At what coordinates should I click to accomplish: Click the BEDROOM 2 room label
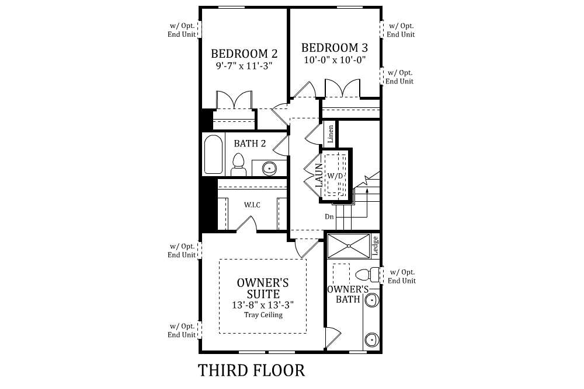[244, 54]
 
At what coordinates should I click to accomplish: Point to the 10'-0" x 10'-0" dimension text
[335, 59]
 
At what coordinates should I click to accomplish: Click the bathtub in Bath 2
[213, 155]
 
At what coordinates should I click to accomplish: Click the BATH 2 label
[250, 143]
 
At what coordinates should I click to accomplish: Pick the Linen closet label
[331, 134]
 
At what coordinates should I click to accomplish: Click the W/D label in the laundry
[335, 176]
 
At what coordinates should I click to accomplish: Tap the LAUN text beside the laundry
[319, 174]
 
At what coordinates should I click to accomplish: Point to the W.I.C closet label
[252, 205]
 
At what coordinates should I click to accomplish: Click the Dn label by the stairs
[330, 216]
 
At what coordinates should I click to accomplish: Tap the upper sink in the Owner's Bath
[371, 300]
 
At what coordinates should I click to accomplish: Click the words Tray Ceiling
[263, 315]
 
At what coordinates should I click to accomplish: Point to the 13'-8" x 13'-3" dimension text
[263, 305]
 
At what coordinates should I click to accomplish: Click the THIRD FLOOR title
[251, 370]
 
